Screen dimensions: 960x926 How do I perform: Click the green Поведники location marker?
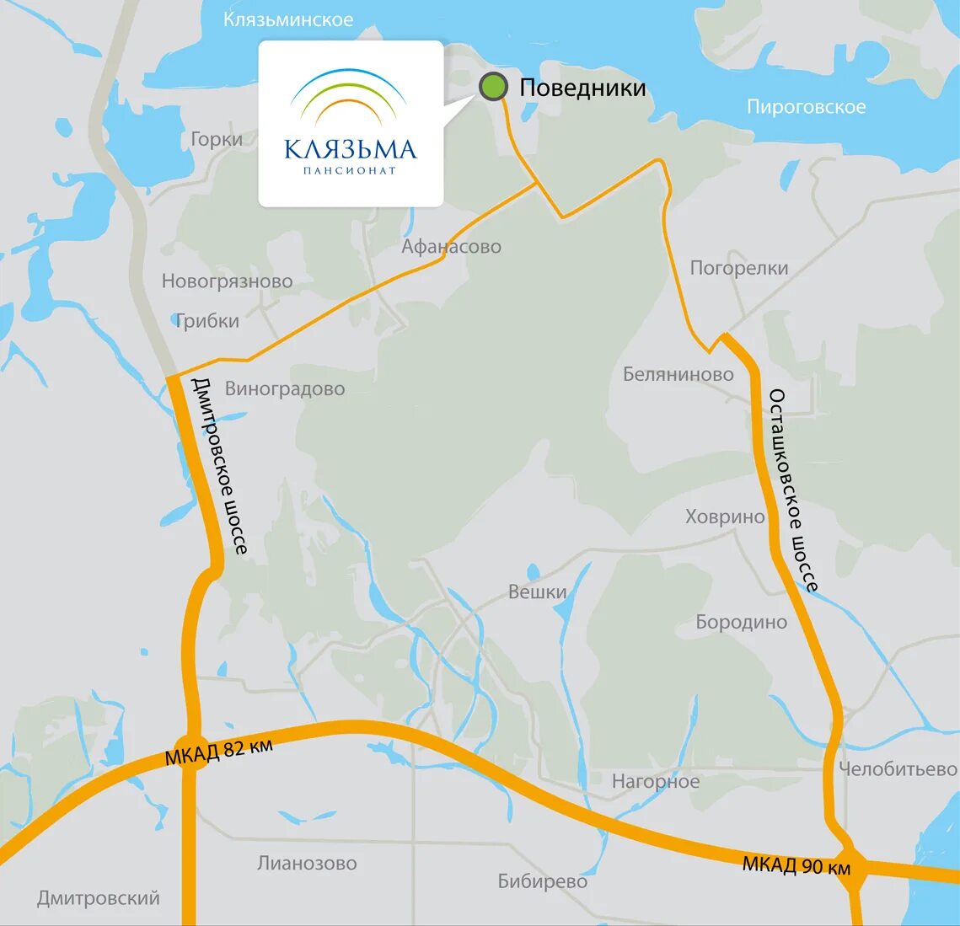(x=493, y=86)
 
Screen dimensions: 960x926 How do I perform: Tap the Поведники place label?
(x=582, y=88)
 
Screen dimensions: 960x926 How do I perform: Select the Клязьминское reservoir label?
(x=288, y=19)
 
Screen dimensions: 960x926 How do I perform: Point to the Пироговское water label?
(x=806, y=107)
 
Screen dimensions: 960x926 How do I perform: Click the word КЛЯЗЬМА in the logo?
(x=351, y=150)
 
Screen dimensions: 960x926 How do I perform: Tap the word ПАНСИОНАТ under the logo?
(x=350, y=171)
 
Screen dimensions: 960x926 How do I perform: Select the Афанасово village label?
(x=451, y=247)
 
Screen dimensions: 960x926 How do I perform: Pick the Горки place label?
(x=217, y=139)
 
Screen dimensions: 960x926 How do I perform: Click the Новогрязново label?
(x=228, y=281)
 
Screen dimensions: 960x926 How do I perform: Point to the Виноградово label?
(x=285, y=389)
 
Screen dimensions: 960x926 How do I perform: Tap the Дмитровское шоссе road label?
(x=219, y=466)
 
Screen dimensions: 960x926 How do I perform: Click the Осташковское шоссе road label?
(x=791, y=490)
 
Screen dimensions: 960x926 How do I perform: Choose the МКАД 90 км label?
(x=796, y=865)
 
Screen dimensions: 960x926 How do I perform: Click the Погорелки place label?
(x=739, y=268)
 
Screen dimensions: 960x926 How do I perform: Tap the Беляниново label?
(x=678, y=374)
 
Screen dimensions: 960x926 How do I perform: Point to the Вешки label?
(x=537, y=592)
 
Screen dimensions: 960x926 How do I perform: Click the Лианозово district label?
(x=307, y=864)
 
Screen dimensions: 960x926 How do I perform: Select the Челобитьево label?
(x=898, y=769)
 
